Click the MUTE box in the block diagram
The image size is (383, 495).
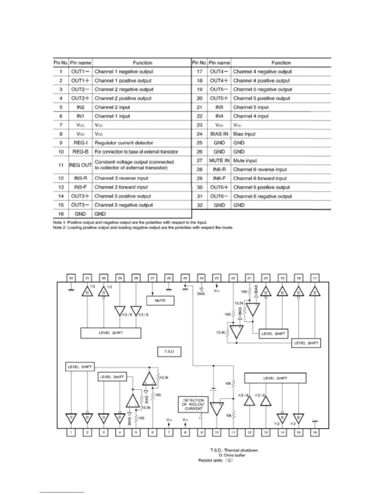pyautogui.click(x=160, y=301)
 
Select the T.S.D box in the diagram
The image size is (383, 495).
pyautogui.click(x=169, y=352)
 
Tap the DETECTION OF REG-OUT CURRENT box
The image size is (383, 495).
pyautogui.click(x=194, y=404)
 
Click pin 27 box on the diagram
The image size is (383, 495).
pyautogui.click(x=152, y=278)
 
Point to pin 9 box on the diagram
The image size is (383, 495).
pyautogui.click(x=202, y=432)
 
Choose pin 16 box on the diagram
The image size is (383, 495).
pyautogui.click(x=315, y=432)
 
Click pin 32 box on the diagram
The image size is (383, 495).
pyautogui.click(x=71, y=278)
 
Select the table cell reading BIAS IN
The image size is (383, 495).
pyautogui.click(x=219, y=134)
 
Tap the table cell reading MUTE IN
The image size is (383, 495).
pyautogui.click(x=219, y=161)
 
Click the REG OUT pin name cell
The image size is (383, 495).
pyautogui.click(x=80, y=165)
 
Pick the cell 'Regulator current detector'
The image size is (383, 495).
pyautogui.click(x=124, y=143)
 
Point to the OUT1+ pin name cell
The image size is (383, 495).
pyautogui.click(x=80, y=81)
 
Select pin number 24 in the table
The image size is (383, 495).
pyautogui.click(x=200, y=134)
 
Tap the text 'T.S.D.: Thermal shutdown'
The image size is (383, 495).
pyautogui.click(x=234, y=450)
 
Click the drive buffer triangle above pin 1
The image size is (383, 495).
pyautogui.click(x=71, y=418)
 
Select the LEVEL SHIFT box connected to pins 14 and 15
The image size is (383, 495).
pyautogui.click(x=275, y=378)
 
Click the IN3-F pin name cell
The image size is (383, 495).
pyautogui.click(x=80, y=187)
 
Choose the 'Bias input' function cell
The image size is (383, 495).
pyautogui.click(x=244, y=134)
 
